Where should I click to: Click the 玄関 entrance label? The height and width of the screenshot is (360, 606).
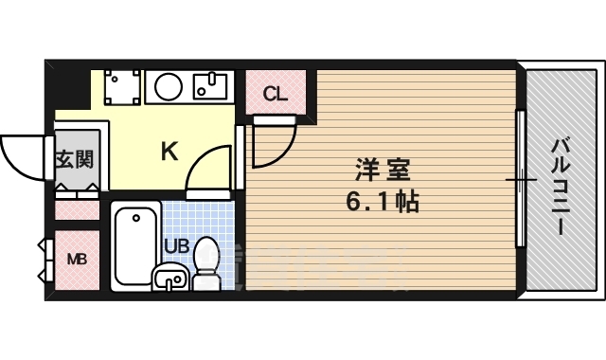(x=73, y=158)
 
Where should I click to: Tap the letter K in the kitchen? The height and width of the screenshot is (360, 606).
(x=169, y=151)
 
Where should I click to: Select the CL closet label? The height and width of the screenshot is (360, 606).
(x=275, y=94)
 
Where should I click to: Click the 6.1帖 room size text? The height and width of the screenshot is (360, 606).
(x=382, y=202)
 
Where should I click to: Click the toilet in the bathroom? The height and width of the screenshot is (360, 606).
(x=206, y=263)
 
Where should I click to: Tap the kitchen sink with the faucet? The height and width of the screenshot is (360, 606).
(x=210, y=87)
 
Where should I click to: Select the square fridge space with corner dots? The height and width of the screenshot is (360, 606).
(x=122, y=88)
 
